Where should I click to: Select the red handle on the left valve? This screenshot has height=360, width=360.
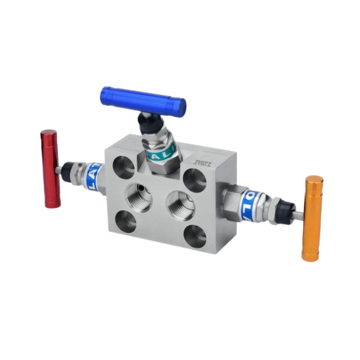pos(50,169)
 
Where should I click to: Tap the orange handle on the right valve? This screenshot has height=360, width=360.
pos(312,218)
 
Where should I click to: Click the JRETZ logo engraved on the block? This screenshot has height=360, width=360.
pos(202,162)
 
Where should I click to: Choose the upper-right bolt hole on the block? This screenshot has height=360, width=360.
pos(195,180)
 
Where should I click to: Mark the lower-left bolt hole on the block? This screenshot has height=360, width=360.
pos(126,221)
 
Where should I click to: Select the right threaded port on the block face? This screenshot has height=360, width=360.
pos(180,205)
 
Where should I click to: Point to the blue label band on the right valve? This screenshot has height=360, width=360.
pos(249,205)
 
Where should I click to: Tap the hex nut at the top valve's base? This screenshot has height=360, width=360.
pos(160,166)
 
